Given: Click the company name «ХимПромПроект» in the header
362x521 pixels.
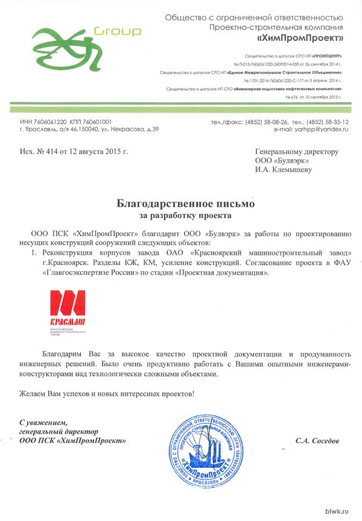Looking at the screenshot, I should pyautogui.click(x=300, y=39).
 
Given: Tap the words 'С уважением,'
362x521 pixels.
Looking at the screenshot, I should pyautogui.click(x=43, y=422).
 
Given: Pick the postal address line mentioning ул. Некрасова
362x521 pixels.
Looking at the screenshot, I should pyautogui.click(x=89, y=129).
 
